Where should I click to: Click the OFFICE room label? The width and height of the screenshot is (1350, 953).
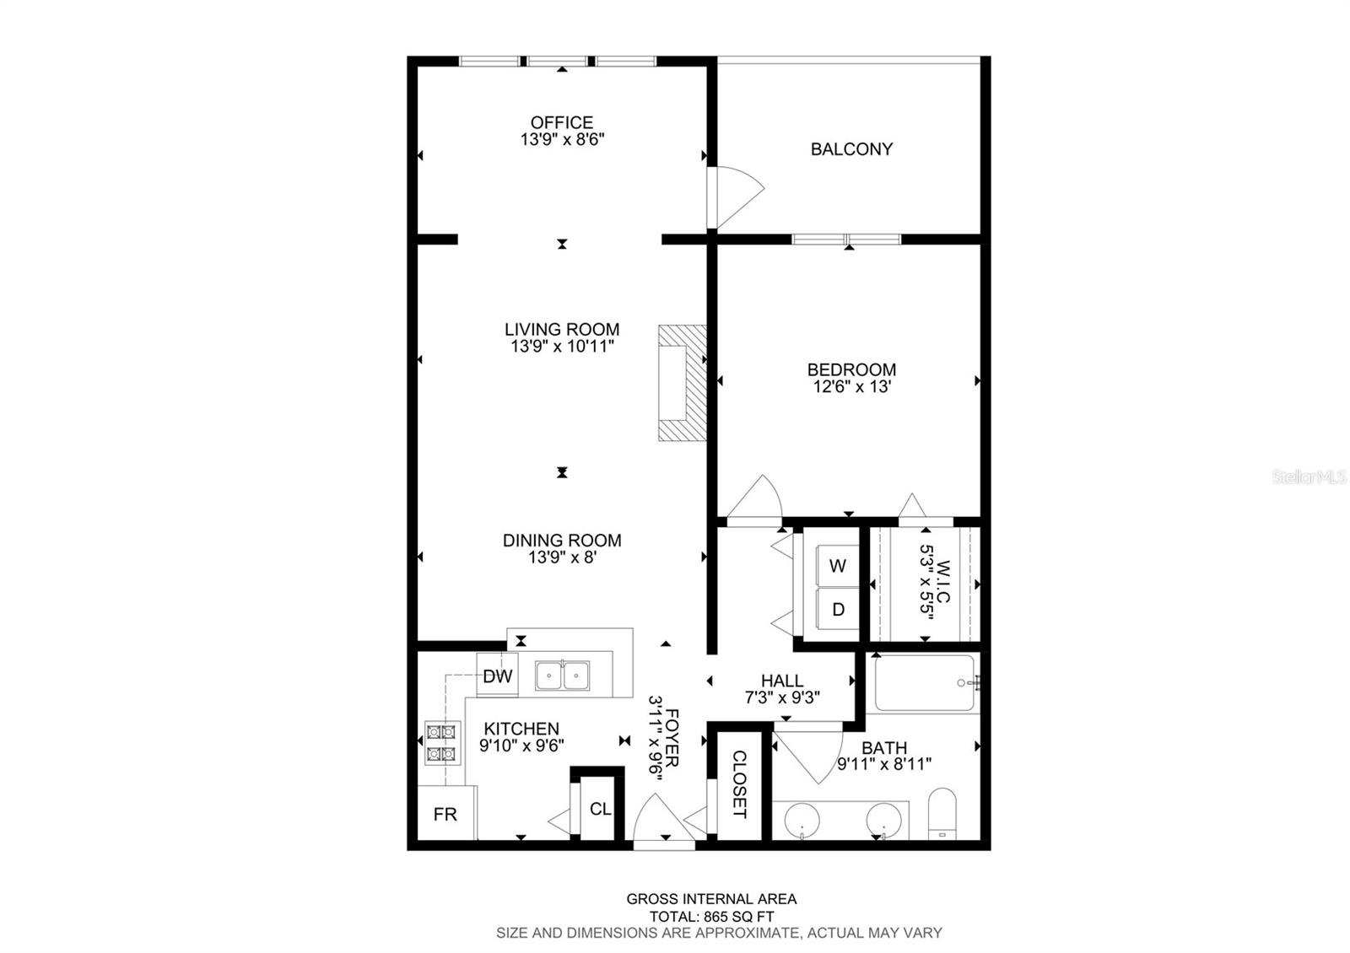[x=562, y=122]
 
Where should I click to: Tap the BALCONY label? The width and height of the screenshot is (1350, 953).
[x=851, y=148]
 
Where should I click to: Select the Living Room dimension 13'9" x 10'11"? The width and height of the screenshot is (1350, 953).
[x=562, y=347]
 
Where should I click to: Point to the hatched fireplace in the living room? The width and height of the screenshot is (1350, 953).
[x=683, y=383]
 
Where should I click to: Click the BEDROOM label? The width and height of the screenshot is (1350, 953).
[x=851, y=369]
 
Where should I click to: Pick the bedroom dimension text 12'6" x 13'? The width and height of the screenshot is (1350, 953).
[x=851, y=386]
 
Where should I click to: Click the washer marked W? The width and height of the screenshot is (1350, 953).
[x=837, y=566]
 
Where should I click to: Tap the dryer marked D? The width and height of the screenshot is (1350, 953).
[x=837, y=610]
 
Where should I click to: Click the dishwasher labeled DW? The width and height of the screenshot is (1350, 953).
[x=497, y=676]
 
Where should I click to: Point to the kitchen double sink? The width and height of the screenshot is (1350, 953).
[x=562, y=676]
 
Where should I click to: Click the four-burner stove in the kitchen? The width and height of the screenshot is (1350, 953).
[x=442, y=743]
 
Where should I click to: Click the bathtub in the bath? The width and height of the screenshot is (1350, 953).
[x=924, y=682]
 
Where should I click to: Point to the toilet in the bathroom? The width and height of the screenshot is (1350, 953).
[x=942, y=813]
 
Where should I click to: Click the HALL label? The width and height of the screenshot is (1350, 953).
[x=782, y=681]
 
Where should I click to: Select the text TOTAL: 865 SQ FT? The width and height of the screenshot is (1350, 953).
[x=711, y=916]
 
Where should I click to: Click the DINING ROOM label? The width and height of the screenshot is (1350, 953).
[x=562, y=541]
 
